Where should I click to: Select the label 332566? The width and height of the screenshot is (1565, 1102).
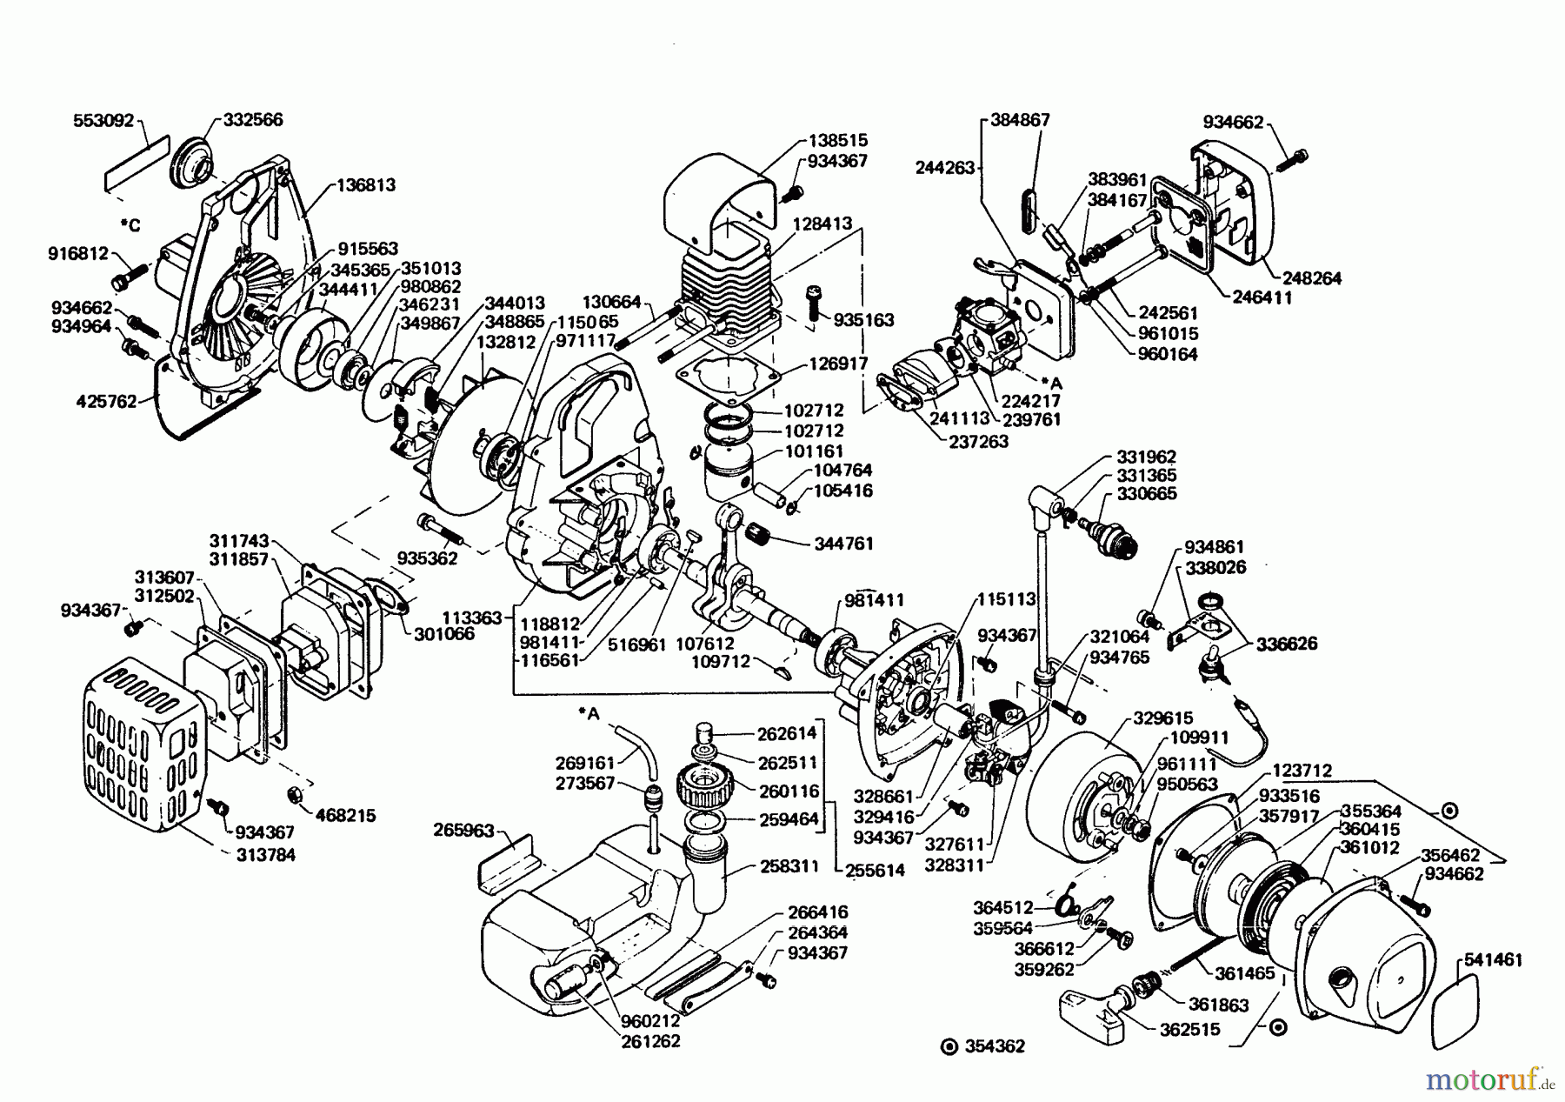point(253,120)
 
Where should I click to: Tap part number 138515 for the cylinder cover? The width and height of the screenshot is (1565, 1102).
point(837,140)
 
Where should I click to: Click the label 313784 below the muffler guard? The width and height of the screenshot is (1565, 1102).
point(265,855)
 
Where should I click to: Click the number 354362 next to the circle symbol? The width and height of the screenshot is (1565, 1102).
point(995,1046)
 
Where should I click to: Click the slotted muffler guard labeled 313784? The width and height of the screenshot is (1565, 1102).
point(143,748)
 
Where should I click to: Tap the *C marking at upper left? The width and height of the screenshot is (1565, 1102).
point(130,226)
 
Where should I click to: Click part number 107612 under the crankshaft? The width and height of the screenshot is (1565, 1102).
point(704,644)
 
